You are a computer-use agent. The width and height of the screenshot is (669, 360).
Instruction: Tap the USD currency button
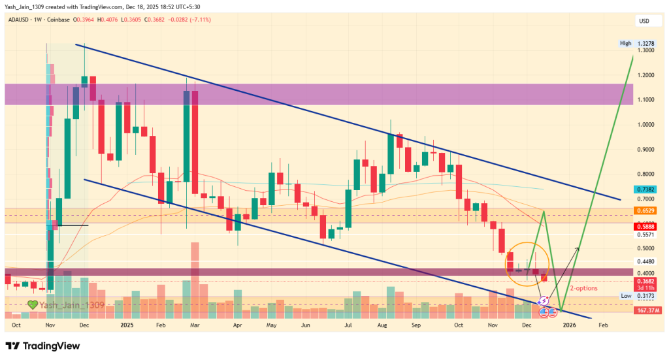[644, 22]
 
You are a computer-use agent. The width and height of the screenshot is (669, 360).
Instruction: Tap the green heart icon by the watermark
[32, 304]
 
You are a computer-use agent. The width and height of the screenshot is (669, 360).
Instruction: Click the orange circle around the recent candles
[529, 265]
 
